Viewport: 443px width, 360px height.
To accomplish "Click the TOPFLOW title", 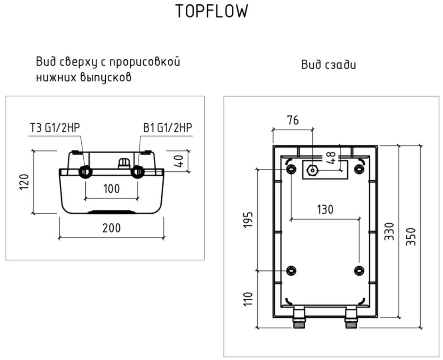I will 212,12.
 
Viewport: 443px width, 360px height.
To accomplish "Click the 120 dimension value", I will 24,183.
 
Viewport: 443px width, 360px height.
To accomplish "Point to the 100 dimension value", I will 111,189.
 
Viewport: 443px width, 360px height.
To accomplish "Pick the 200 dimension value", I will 111,228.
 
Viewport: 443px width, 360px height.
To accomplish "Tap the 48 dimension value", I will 331,157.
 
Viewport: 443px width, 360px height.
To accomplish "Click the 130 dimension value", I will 325,210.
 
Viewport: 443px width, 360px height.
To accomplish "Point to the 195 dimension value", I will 248,220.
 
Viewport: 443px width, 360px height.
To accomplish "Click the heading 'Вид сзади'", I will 329,64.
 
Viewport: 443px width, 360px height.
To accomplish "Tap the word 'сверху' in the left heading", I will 78,62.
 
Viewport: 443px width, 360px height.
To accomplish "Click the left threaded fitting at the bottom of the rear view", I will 299,319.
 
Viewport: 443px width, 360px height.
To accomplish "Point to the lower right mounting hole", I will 359,270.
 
